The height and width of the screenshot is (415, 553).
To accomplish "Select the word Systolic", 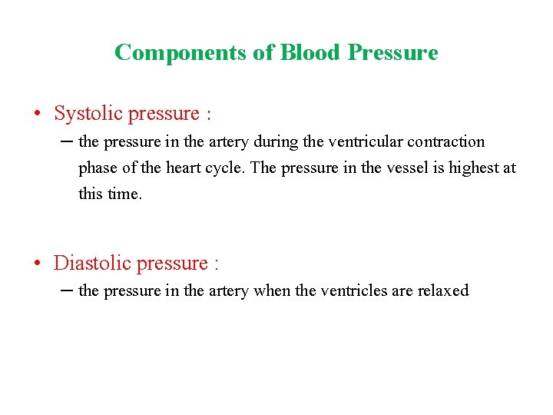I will coord(88,114).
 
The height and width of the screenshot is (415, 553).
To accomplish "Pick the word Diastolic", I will coord(92,263).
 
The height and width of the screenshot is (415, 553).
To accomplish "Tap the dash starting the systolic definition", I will coord(68,141).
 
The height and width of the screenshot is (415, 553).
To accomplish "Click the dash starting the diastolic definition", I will coord(68,290).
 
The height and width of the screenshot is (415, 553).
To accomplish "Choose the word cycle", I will coord(227,168).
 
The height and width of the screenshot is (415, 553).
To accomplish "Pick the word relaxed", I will coord(442,290).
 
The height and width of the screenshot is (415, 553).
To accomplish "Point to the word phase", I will coord(97,168).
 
